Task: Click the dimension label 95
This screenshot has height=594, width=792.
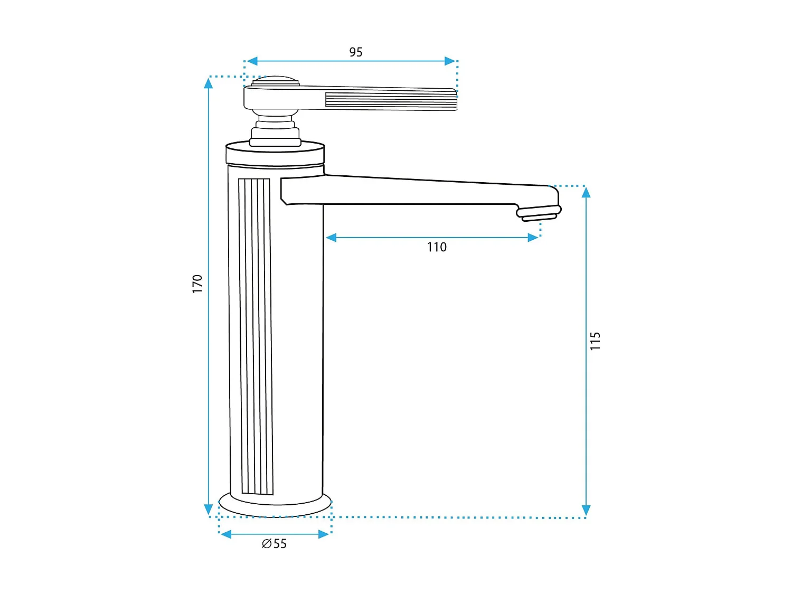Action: [356, 52]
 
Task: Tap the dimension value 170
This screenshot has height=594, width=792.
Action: [197, 284]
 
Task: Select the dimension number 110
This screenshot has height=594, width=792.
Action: [437, 247]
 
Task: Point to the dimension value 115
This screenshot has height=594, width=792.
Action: [595, 341]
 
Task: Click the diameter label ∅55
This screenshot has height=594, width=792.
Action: [275, 544]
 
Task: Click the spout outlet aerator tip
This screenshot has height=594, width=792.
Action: [539, 214]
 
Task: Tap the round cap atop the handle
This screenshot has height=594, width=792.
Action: [275, 81]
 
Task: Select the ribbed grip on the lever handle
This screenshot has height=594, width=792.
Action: [391, 100]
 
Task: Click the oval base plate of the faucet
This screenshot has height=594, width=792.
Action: [275, 506]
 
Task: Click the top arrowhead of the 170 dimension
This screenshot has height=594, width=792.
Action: [209, 83]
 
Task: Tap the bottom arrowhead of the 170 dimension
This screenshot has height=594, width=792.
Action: [209, 510]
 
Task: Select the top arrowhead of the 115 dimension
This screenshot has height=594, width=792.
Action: [586, 192]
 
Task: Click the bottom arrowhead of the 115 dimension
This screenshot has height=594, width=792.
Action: [586, 510]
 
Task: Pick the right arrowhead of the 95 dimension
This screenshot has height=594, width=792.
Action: [450, 61]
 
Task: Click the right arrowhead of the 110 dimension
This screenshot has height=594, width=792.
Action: [533, 238]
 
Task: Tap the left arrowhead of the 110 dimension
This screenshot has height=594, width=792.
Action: [332, 238]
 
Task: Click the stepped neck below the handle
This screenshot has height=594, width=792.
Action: [275, 129]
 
